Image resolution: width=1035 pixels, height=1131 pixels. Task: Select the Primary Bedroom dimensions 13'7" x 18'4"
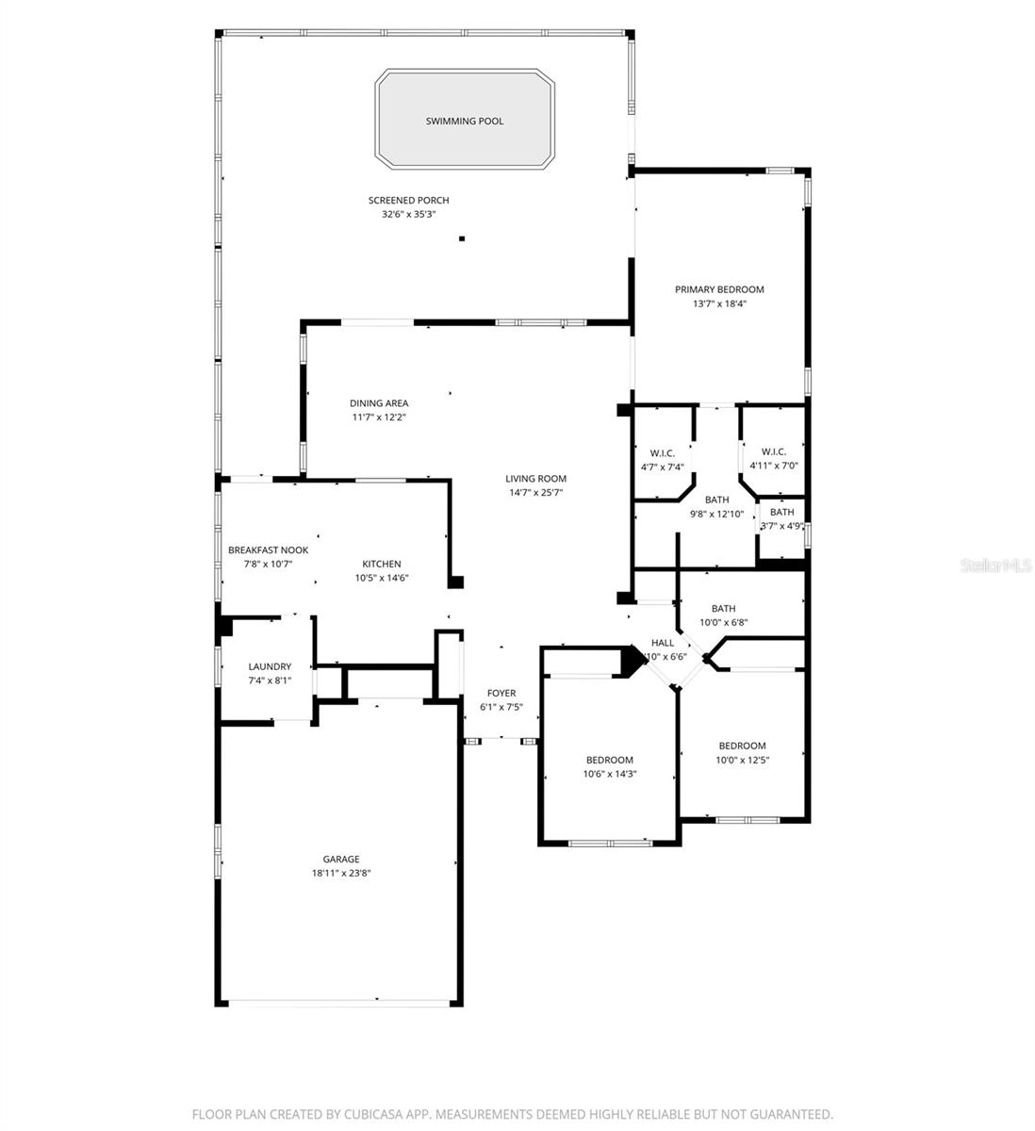tap(719, 303)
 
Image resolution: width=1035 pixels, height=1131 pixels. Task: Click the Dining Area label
tap(379, 403)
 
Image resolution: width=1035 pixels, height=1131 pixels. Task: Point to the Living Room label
tap(535, 479)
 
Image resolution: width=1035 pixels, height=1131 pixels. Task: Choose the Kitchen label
tap(382, 565)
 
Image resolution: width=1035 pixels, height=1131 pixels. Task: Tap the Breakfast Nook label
tap(268, 550)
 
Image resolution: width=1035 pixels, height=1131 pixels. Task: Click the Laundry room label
tap(270, 666)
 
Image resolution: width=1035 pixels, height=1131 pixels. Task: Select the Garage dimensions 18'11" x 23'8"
tap(341, 873)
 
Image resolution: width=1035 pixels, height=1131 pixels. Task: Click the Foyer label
tap(501, 694)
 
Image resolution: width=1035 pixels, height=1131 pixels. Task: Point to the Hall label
tap(663, 643)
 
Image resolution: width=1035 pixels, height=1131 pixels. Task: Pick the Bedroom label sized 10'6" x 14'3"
tap(610, 761)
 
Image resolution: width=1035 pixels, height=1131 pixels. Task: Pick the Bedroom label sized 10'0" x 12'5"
tap(742, 746)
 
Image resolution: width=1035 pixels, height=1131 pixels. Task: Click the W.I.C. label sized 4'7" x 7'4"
tap(662, 453)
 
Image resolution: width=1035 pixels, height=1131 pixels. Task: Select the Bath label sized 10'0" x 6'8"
tap(724, 609)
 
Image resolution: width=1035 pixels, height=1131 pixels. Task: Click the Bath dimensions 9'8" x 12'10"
tap(717, 514)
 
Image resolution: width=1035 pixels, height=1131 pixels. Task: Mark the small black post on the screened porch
tap(462, 238)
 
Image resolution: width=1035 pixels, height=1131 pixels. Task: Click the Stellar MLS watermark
tap(996, 565)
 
